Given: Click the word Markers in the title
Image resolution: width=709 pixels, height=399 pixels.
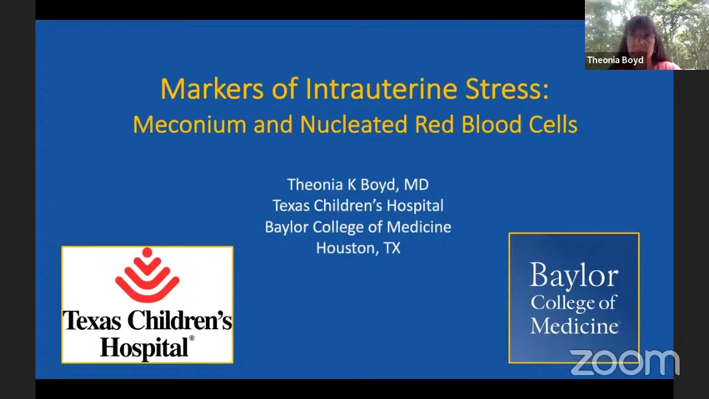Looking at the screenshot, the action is [212, 89].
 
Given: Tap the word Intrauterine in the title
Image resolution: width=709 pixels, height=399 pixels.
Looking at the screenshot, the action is [382, 89].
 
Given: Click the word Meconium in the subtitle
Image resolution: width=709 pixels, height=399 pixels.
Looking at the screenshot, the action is [189, 124].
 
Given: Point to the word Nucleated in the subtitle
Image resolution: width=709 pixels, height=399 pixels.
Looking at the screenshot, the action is [353, 124].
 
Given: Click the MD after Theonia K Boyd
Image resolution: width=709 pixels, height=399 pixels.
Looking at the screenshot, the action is [416, 185].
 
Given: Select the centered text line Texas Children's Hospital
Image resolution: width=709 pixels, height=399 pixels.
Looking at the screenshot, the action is [358, 206].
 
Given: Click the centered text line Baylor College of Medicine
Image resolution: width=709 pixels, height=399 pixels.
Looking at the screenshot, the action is [358, 227].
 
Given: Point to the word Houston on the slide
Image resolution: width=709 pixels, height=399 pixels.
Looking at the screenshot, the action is [347, 248].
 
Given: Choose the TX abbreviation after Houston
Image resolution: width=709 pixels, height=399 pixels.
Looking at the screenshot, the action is [392, 248].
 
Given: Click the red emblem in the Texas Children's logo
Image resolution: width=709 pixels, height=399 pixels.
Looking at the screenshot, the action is [147, 275].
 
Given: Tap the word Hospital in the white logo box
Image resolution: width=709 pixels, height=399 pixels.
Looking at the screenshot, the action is [145, 347].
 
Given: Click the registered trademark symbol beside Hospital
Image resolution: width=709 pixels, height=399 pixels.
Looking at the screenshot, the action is [192, 338].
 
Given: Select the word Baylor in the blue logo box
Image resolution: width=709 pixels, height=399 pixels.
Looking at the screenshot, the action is [574, 275].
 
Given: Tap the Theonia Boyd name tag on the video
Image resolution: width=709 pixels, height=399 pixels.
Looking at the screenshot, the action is [615, 60].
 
